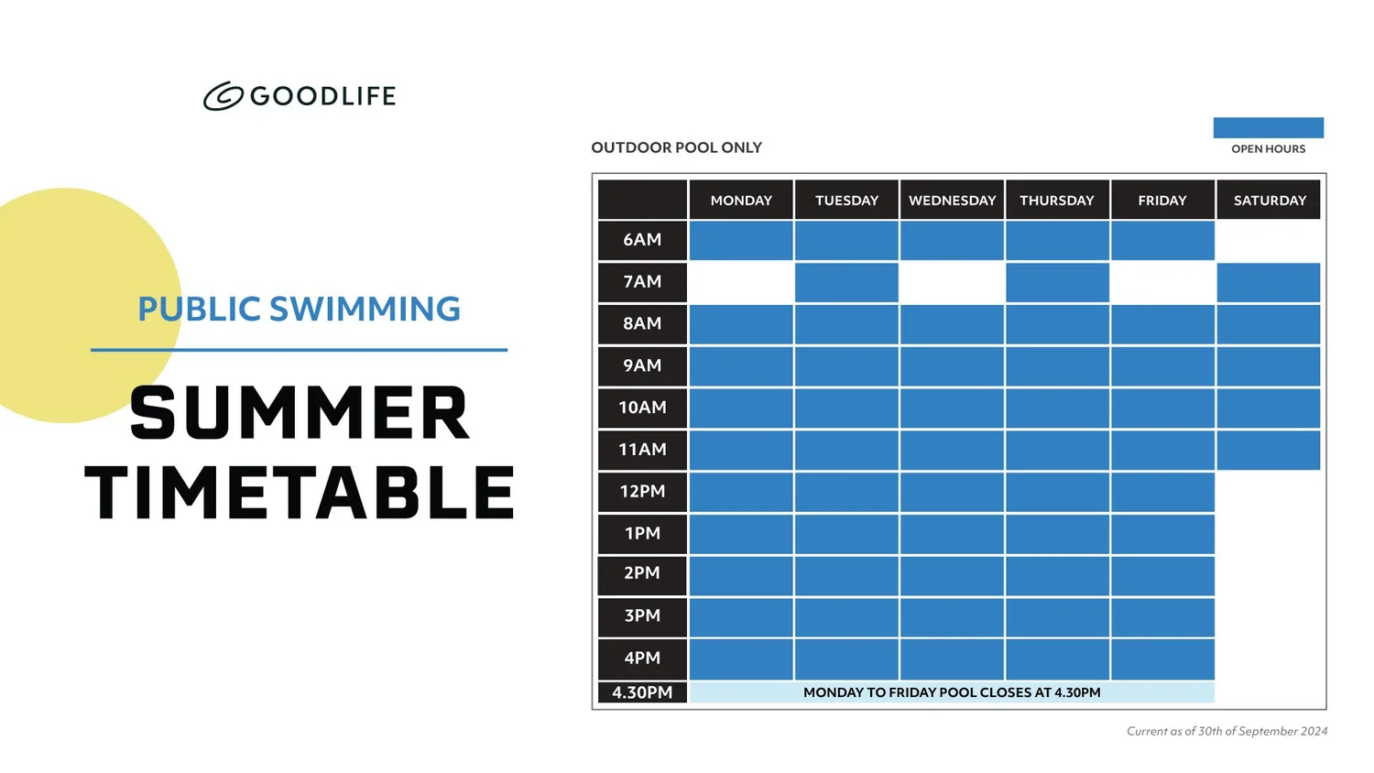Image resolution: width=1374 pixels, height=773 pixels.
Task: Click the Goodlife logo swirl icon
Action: [x=223, y=96]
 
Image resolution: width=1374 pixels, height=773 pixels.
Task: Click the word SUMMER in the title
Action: [x=300, y=413]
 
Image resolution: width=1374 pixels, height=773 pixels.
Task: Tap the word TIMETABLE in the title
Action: [x=300, y=493]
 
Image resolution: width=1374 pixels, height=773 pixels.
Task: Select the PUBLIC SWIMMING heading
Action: [x=299, y=310]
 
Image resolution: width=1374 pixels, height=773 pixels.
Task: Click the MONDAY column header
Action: [x=741, y=201]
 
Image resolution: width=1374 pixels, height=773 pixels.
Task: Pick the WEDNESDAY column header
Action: [x=952, y=201]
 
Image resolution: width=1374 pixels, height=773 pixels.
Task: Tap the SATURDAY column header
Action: [x=1269, y=201]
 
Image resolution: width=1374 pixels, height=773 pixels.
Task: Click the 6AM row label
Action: [x=642, y=240]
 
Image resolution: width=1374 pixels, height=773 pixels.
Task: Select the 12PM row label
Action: [x=642, y=492]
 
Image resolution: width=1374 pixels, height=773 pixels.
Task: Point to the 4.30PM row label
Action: [x=642, y=693]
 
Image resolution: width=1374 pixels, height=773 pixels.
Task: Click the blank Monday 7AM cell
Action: [x=741, y=282]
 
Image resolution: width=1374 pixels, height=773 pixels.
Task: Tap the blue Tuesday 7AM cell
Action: [x=846, y=282]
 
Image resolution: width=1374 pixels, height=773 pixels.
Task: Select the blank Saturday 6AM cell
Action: [x=1269, y=240]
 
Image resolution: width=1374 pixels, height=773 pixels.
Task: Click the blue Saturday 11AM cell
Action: [x=1269, y=450]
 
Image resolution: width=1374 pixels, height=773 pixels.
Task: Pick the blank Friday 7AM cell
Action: [x=1162, y=282]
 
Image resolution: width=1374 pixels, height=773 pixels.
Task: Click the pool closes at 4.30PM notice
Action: [x=952, y=693]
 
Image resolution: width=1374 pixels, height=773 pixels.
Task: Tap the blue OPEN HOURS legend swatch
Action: [x=1268, y=127]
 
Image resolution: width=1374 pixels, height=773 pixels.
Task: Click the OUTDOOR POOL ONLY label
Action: [x=676, y=147]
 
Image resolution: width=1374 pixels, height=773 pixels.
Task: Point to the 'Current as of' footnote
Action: [x=1227, y=731]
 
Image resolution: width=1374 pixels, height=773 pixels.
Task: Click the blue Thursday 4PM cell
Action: [x=1057, y=659]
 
